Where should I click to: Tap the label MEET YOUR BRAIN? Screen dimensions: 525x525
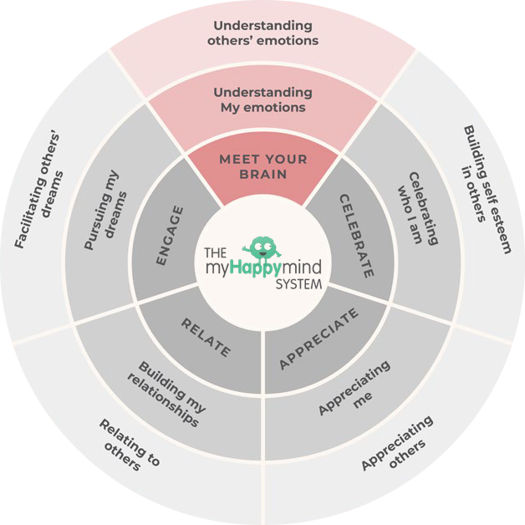pos(263,166)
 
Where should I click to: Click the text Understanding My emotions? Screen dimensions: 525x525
pos(262,99)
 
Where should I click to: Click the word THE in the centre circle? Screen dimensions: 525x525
pos(216,251)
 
